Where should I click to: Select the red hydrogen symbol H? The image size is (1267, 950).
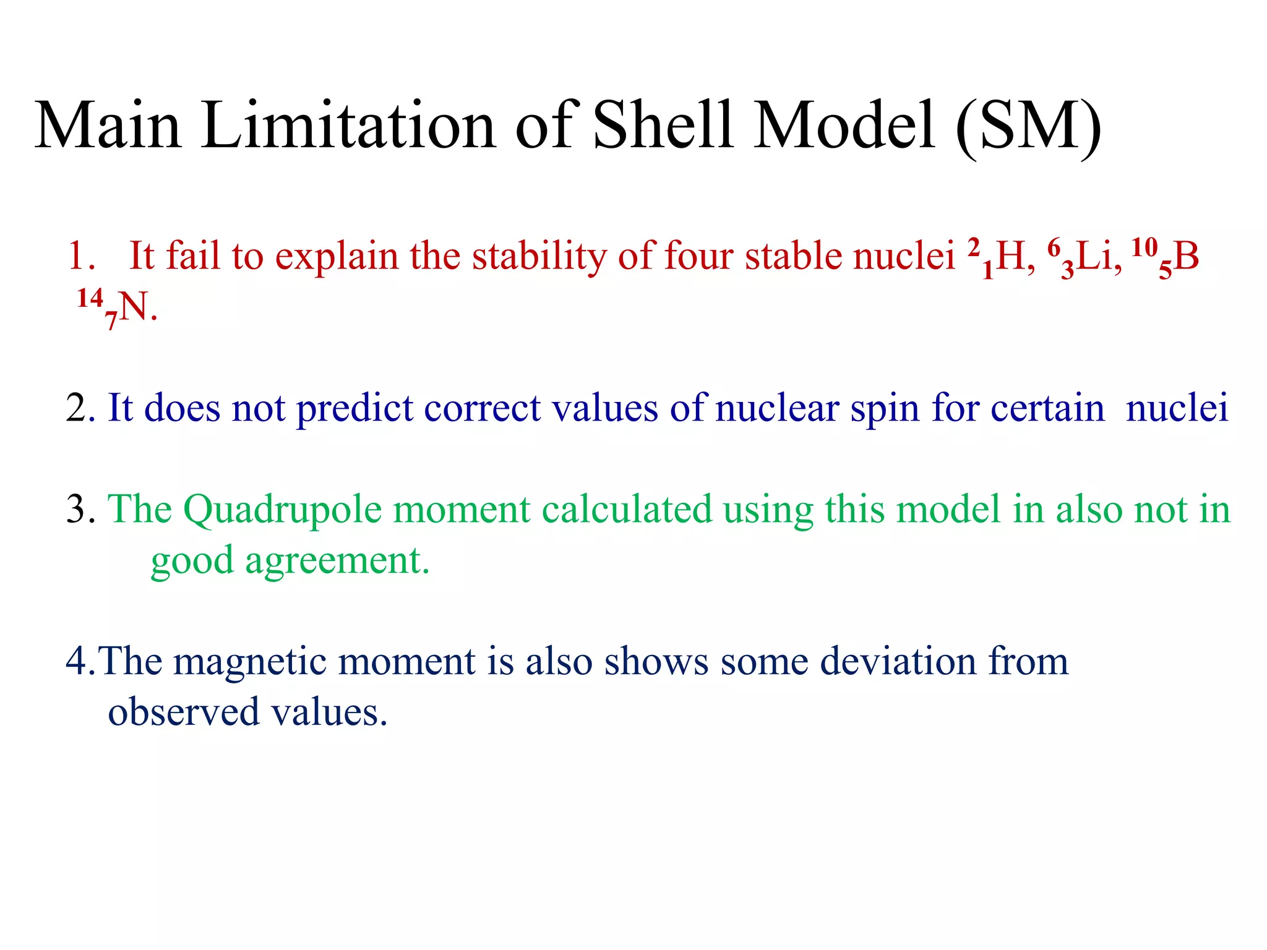[1010, 257]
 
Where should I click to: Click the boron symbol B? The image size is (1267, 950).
[1186, 257]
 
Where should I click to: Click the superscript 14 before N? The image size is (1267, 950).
[90, 299]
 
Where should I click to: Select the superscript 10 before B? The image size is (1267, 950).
[1144, 247]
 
